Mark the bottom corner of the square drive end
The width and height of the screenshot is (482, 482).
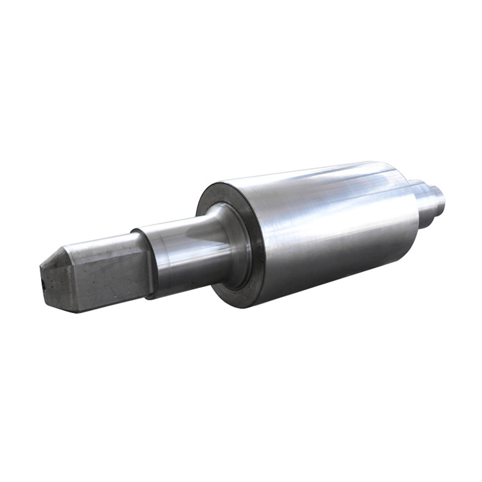coord(78,312)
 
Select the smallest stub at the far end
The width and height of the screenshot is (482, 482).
coord(438,196)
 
